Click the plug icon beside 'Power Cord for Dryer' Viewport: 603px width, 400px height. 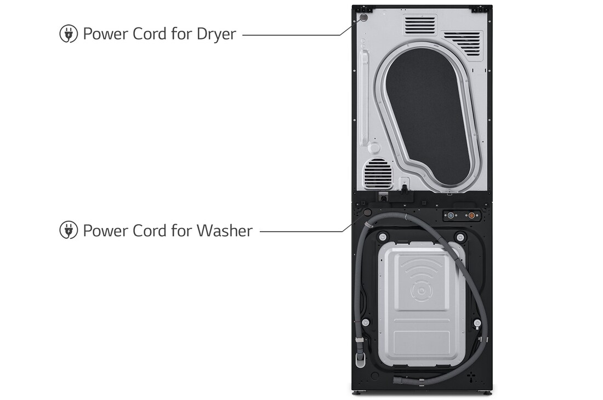(69, 34)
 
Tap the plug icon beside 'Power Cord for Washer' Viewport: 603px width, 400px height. (69, 231)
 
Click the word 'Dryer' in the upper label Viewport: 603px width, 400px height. (216, 35)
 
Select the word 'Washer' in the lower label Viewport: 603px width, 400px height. (225, 231)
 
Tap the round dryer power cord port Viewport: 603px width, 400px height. (363, 18)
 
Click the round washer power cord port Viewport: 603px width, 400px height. (367, 213)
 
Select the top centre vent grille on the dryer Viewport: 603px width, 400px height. (420, 25)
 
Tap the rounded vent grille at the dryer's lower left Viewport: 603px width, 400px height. (378, 173)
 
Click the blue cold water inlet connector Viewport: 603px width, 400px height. (450, 215)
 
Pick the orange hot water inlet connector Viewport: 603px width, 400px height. (471, 215)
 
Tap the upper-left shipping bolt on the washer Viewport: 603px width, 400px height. (382, 236)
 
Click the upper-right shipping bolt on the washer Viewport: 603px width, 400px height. (460, 236)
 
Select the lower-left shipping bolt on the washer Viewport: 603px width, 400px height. (365, 322)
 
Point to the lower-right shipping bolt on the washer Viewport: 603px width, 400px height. (477, 322)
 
